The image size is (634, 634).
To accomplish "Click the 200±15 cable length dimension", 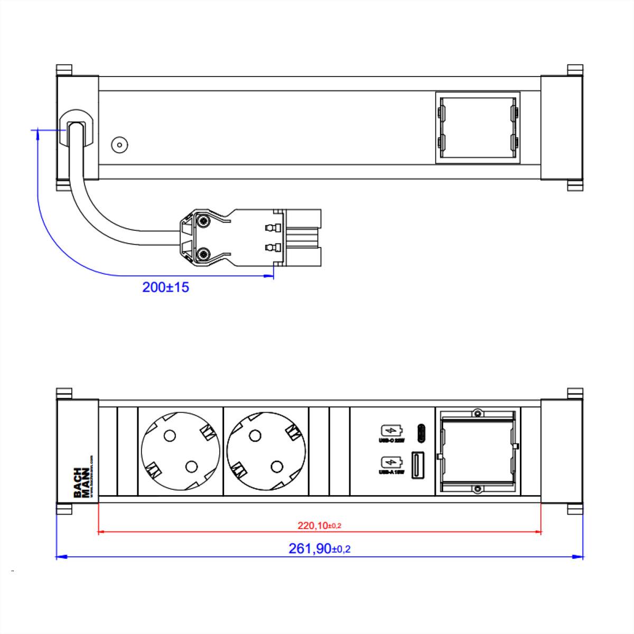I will (x=165, y=287).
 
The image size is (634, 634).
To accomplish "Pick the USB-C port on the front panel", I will (x=421, y=433).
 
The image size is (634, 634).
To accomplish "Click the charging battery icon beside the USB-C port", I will (x=391, y=431).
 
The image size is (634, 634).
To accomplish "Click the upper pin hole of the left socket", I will (x=170, y=435).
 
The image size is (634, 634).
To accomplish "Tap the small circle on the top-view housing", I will (x=119, y=145).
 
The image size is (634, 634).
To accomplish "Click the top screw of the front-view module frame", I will (x=477, y=412).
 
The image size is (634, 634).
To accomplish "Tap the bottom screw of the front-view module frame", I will (x=477, y=489).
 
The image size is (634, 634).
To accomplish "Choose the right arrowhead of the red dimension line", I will (x=538, y=532).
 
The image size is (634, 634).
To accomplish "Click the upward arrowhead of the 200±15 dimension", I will (x=38, y=134).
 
